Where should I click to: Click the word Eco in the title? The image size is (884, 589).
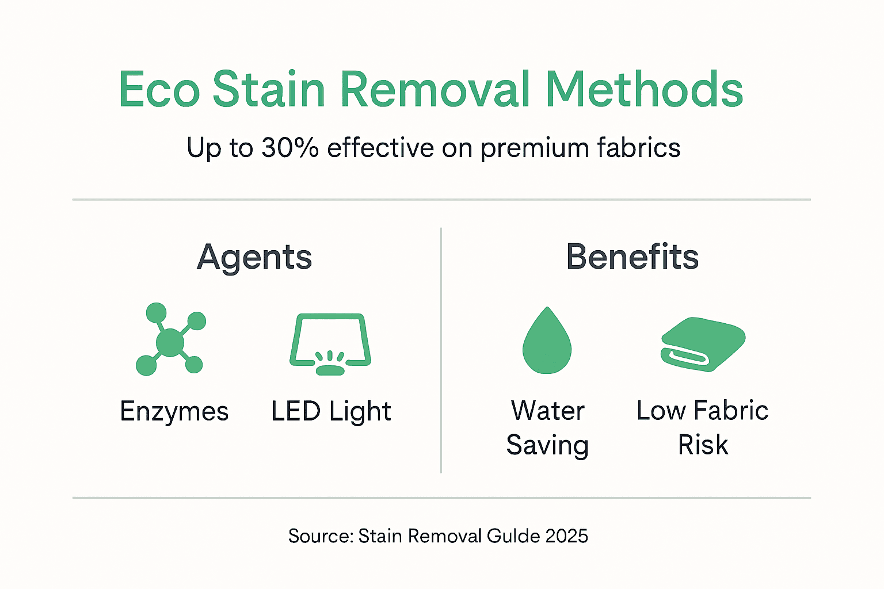pyautogui.click(x=159, y=90)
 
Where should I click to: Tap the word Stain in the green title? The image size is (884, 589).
pyautogui.click(x=269, y=90)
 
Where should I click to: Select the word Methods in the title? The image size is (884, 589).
pyautogui.click(x=644, y=90)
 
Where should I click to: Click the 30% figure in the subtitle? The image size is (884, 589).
pyautogui.click(x=290, y=148)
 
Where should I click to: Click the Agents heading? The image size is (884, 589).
pyautogui.click(x=254, y=257)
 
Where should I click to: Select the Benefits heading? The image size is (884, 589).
pyautogui.click(x=632, y=257)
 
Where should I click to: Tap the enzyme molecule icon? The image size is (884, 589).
pyautogui.click(x=170, y=339)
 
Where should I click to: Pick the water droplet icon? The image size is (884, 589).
pyautogui.click(x=547, y=341)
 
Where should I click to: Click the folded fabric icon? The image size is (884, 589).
pyautogui.click(x=703, y=343)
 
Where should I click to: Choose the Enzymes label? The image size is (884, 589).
pyautogui.click(x=174, y=412)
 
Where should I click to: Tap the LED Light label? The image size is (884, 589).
pyautogui.click(x=331, y=412)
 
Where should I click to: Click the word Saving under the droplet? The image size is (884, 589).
pyautogui.click(x=547, y=446)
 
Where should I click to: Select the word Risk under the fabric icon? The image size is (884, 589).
pyautogui.click(x=703, y=445)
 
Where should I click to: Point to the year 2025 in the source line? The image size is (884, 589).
pyautogui.click(x=567, y=536)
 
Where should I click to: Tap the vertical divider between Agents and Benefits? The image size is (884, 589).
pyautogui.click(x=441, y=351)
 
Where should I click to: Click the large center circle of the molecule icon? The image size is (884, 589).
pyautogui.click(x=170, y=343)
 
